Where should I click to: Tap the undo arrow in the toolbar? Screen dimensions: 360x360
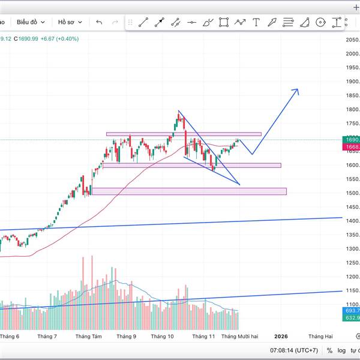100,22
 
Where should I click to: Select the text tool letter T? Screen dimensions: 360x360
256,22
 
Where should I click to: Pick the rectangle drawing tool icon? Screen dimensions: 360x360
224,22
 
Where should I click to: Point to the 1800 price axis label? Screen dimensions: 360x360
352,110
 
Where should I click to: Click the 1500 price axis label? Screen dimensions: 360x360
352,193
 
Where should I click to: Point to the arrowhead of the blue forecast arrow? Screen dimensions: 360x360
296,90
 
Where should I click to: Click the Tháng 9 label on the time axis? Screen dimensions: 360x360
126,337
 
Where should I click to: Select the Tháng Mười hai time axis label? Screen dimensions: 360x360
239,337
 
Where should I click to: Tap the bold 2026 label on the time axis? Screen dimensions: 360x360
280,337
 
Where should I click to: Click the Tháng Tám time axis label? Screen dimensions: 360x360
88,337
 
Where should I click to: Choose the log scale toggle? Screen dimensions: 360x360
341,350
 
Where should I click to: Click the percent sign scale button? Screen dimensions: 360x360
329,350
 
